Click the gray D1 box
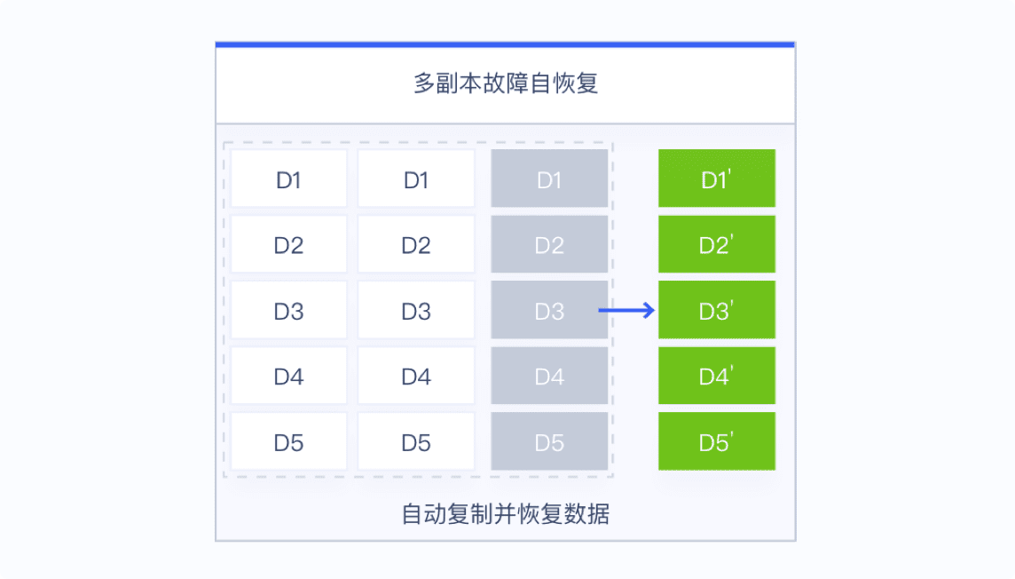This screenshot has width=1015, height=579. (x=549, y=178)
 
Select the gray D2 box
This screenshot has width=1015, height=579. (x=549, y=244)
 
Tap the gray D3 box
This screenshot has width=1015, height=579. (x=549, y=310)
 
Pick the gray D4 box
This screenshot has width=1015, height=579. (x=549, y=376)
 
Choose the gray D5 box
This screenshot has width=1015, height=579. (x=549, y=441)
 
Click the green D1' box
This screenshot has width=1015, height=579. (x=717, y=178)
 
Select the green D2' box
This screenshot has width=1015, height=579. (x=717, y=244)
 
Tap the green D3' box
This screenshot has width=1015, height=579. (x=717, y=310)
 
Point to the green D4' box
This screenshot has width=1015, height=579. (x=717, y=376)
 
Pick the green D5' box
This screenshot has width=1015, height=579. (x=717, y=441)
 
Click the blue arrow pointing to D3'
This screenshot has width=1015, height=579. (x=626, y=310)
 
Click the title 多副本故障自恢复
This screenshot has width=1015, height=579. (x=506, y=83)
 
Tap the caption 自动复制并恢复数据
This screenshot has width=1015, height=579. (x=506, y=514)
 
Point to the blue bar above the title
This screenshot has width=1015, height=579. (x=505, y=44)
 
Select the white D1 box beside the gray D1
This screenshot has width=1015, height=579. (x=416, y=178)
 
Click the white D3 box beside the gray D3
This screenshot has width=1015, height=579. (x=416, y=310)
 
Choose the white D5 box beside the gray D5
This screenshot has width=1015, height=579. (x=416, y=441)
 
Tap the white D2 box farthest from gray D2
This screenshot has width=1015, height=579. (x=288, y=244)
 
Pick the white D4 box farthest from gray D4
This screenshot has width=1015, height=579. (x=288, y=376)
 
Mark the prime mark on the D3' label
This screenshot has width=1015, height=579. (x=731, y=304)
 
